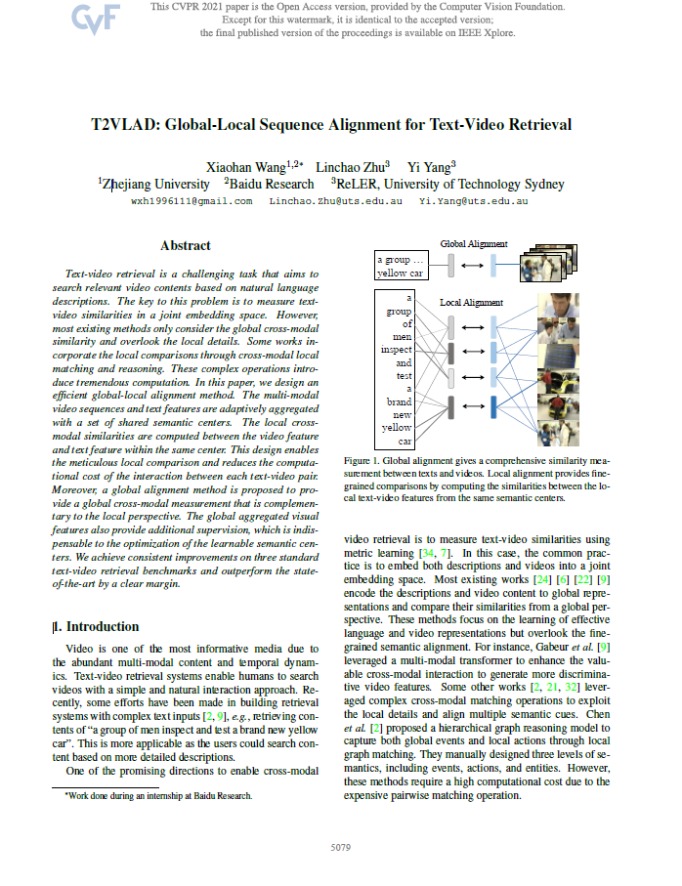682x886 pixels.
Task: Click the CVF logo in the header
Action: pyautogui.click(x=95, y=19)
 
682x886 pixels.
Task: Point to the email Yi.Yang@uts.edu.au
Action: pyautogui.click(x=473, y=200)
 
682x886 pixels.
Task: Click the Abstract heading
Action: pyautogui.click(x=185, y=246)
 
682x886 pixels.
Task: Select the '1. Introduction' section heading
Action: pyautogui.click(x=97, y=626)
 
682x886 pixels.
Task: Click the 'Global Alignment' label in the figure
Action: pyautogui.click(x=474, y=243)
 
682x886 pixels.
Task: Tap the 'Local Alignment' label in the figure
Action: pyautogui.click(x=471, y=303)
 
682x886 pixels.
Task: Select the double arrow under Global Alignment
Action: pyautogui.click(x=472, y=264)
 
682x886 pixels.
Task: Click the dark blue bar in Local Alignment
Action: pyautogui.click(x=493, y=407)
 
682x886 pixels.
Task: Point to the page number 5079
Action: pyautogui.click(x=341, y=845)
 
